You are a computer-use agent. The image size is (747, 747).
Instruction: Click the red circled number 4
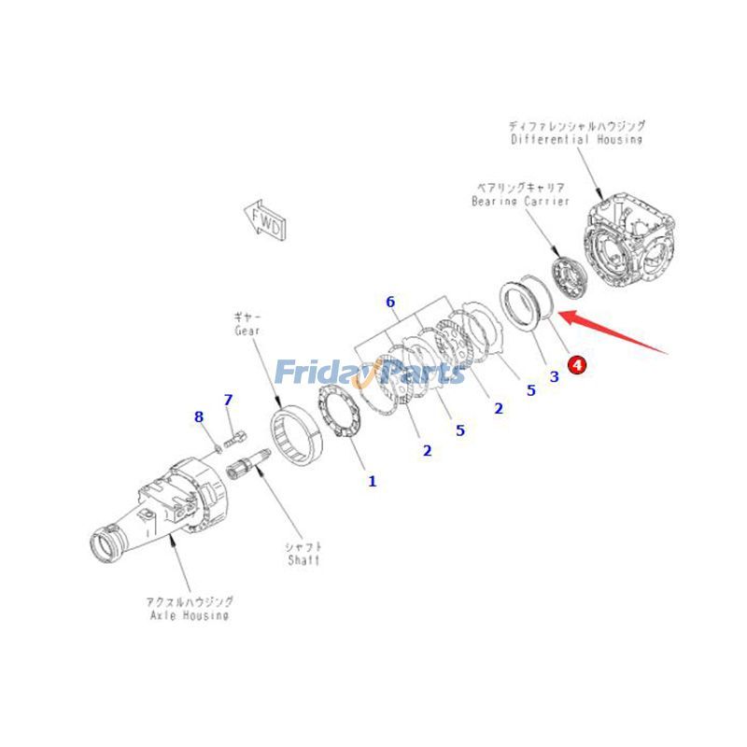click(577, 365)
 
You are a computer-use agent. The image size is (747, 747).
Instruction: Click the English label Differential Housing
click(576, 139)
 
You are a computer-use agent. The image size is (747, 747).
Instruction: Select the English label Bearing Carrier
click(520, 201)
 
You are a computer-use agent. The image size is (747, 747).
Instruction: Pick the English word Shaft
click(303, 560)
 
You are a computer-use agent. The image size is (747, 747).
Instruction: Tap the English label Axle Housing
click(189, 615)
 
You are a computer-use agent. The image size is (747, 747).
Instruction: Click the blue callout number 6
click(390, 302)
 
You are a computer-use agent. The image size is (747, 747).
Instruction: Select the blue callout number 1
click(372, 482)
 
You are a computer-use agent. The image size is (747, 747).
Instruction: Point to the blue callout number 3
click(554, 376)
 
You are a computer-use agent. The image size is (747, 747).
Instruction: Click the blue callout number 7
click(227, 400)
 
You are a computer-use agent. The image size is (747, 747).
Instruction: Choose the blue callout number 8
click(198, 416)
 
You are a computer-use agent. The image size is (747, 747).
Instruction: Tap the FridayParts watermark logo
click(369, 374)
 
